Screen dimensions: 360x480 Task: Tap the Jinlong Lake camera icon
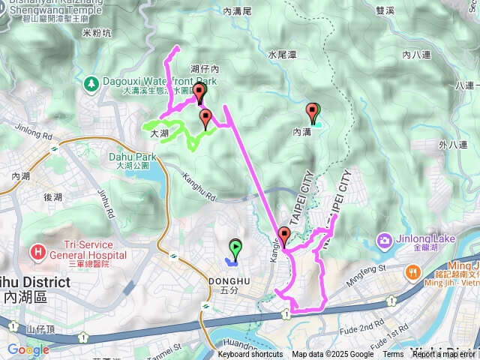click(385, 241)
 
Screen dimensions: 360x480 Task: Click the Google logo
click(28, 349)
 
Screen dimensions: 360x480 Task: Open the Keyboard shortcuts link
click(250, 355)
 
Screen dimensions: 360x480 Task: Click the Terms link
click(393, 355)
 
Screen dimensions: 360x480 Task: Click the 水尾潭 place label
click(283, 55)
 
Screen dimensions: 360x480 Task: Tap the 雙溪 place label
click(385, 10)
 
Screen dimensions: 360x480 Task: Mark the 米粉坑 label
click(97, 34)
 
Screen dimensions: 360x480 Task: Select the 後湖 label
click(52, 196)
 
